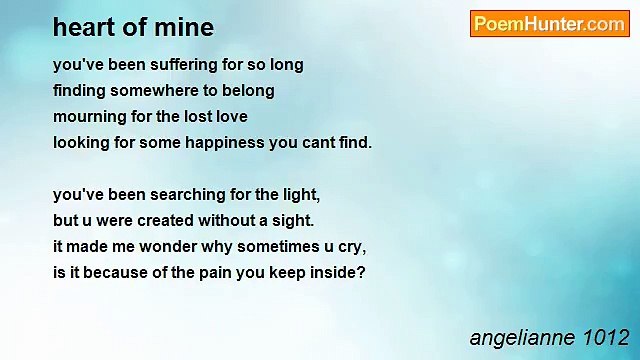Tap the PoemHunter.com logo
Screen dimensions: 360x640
click(549, 24)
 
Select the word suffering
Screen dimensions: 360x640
click(162, 65)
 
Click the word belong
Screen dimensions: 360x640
click(247, 91)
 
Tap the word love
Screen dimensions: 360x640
click(228, 117)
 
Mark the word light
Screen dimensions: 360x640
click(299, 194)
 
